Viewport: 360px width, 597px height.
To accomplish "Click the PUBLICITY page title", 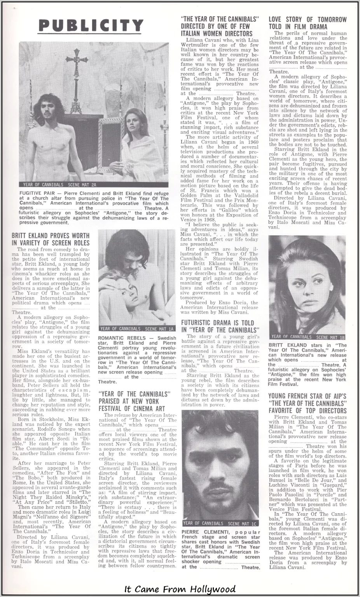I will tap(91, 26).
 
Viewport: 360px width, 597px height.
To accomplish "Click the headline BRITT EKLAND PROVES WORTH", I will tap(51, 236).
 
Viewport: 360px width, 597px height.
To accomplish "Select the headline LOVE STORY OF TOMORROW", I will tap(308, 19).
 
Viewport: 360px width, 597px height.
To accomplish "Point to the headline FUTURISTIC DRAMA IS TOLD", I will tap(217, 323).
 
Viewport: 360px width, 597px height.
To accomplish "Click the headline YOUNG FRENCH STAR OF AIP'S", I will tap(307, 396).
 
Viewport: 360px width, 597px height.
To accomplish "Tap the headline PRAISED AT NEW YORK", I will tap(128, 401).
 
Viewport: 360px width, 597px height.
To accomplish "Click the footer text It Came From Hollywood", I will tap(180, 589).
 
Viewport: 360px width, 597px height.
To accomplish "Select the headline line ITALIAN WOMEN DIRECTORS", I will tap(217, 33).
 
